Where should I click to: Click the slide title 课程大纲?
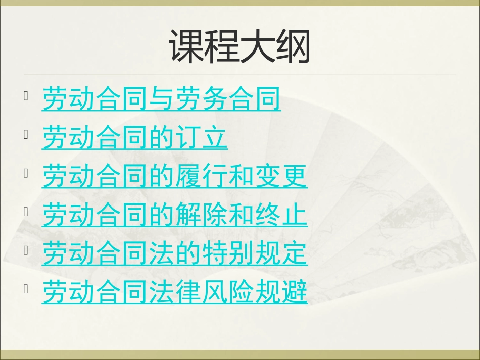pos(239,46)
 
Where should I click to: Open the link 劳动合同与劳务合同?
pos(161,98)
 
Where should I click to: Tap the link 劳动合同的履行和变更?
pos(174,176)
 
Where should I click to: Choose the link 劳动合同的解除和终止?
pos(174,215)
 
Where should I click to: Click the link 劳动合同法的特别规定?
pos(174,253)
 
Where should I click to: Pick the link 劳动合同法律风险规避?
pos(174,292)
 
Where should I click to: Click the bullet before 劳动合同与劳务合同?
pos(26,96)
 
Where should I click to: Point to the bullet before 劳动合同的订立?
pos(26,134)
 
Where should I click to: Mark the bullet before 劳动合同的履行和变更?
pos(26,173)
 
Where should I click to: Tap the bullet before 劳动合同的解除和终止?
pos(26,212)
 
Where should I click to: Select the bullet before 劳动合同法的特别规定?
pos(26,250)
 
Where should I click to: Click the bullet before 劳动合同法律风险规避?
pos(26,289)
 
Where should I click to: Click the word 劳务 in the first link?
pos(202,98)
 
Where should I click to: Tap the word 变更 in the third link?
pos(281,176)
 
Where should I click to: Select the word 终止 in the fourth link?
pos(281,215)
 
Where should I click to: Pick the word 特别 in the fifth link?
pos(228,253)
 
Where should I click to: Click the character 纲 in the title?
pos(293,46)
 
